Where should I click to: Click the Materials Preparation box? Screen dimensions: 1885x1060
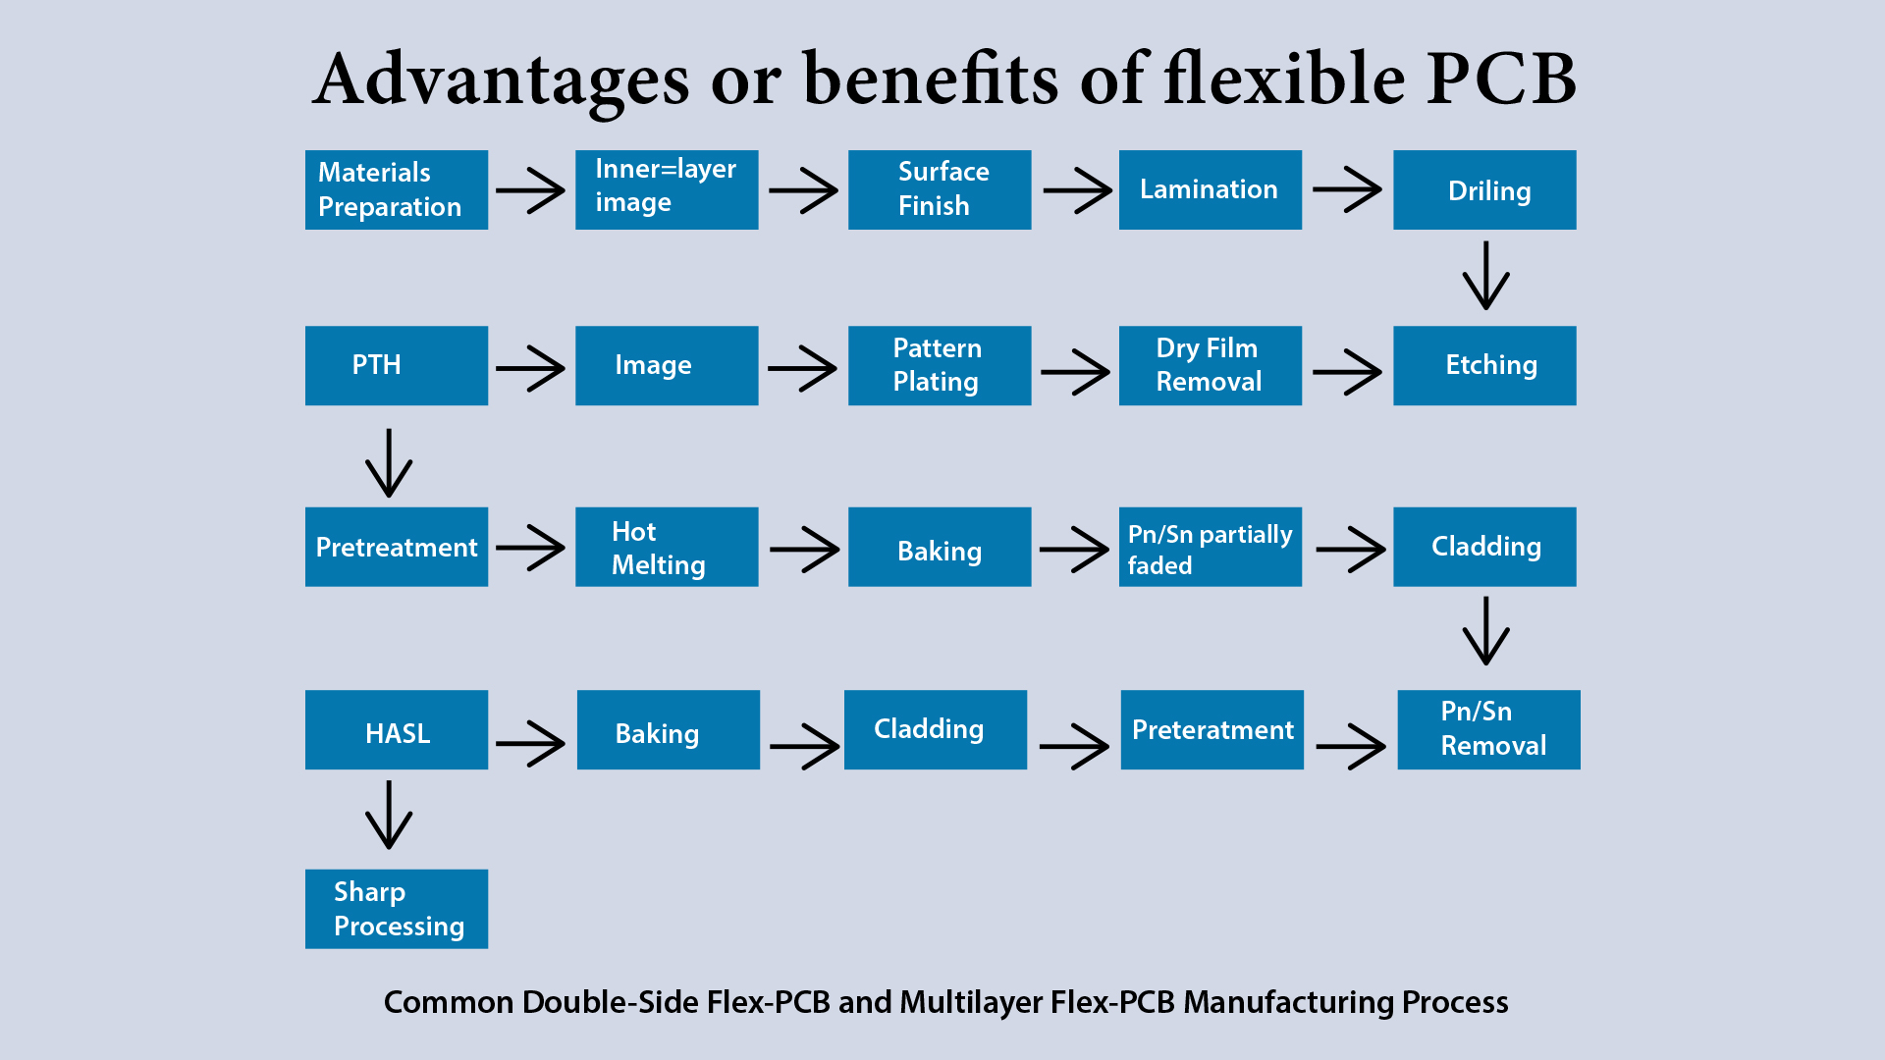pos(397,189)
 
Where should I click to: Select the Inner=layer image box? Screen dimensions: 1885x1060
pos(667,189)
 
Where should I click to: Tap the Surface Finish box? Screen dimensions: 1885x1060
pos(940,189)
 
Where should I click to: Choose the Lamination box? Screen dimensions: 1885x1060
pos(1211,189)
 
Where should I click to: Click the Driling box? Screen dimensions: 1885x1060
pos(1484,189)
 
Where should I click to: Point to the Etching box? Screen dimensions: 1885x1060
pos(1484,365)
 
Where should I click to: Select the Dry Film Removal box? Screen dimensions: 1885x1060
pos(1211,365)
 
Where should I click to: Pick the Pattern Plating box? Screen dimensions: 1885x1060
pos(940,365)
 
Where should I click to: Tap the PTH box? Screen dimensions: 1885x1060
pos(397,365)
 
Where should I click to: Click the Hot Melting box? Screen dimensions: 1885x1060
pos(667,547)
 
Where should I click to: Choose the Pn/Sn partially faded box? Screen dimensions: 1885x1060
pos(1211,547)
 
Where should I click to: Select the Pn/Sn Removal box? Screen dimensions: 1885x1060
pos(1488,729)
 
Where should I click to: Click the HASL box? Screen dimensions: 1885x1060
pos(397,729)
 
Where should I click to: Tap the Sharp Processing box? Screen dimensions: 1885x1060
pos(397,909)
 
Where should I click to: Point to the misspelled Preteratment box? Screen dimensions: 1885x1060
pos(1212,729)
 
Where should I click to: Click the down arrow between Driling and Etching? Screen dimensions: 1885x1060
pos(1486,276)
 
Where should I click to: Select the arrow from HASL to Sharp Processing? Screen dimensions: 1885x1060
pos(389,815)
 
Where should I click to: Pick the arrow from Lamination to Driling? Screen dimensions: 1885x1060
pos(1347,189)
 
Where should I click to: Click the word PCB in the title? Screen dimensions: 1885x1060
pos(1501,79)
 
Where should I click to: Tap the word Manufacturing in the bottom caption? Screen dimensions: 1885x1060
pos(1288,1002)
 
